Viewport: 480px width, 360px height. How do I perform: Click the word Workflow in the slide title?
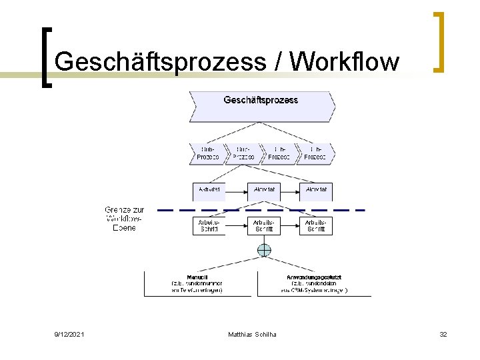[x=346, y=62]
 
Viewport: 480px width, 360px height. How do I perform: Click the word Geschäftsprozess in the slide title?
[x=160, y=62]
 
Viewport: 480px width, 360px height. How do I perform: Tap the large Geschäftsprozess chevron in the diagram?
[x=261, y=103]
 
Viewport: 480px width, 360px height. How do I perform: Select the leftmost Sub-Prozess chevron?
[x=208, y=153]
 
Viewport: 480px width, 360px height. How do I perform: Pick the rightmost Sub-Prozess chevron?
[x=315, y=153]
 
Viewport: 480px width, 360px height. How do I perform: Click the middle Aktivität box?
[x=265, y=190]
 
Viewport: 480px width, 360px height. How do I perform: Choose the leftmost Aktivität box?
[x=209, y=190]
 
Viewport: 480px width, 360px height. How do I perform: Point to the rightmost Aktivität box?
[x=316, y=190]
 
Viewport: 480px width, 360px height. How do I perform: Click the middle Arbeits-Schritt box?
[x=265, y=225]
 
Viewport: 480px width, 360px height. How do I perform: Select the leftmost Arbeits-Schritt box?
[x=209, y=225]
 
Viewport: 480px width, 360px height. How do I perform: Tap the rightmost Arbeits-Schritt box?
[x=316, y=225]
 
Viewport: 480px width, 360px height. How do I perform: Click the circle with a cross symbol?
[x=265, y=251]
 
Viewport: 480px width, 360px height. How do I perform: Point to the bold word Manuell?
[x=197, y=277]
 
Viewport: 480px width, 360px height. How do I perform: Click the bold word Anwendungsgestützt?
[x=313, y=277]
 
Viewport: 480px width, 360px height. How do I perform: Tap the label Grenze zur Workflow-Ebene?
[x=125, y=219]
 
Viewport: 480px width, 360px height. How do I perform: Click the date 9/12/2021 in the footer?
[x=69, y=333]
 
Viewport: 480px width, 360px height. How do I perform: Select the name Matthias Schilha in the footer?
[x=252, y=333]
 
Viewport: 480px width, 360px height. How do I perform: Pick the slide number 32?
[x=443, y=333]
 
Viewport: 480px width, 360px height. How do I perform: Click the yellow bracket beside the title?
[x=439, y=41]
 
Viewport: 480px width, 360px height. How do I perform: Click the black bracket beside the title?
[x=47, y=57]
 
